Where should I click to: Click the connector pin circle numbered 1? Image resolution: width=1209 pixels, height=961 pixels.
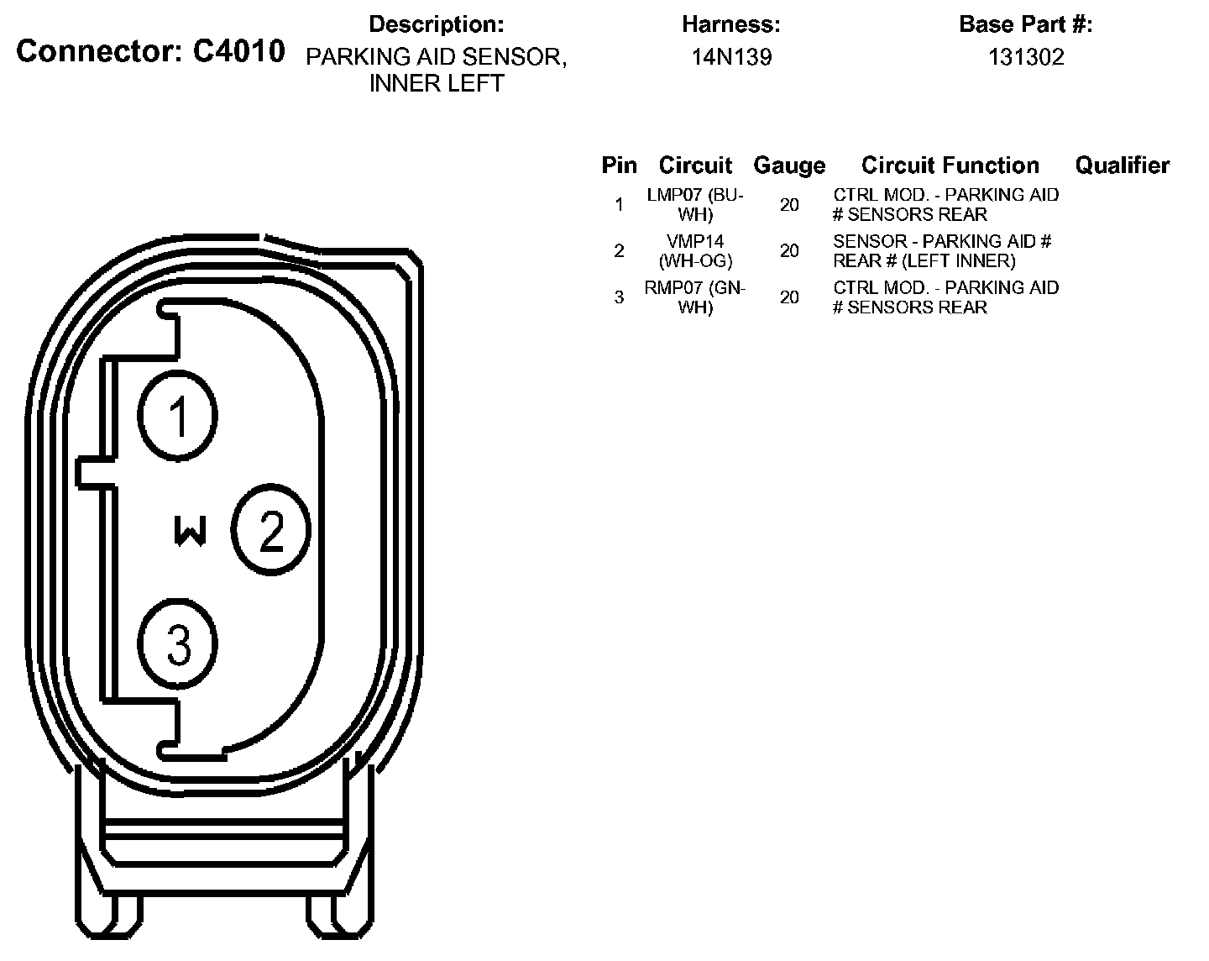click(178, 415)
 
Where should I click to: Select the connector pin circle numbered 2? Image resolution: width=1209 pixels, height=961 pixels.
click(271, 529)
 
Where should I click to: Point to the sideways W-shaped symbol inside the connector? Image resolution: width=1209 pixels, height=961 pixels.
click(190, 531)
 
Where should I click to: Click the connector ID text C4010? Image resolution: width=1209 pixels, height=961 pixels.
click(238, 52)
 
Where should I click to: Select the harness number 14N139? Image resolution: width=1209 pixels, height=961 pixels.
click(731, 57)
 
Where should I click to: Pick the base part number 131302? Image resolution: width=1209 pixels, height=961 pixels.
click(1025, 57)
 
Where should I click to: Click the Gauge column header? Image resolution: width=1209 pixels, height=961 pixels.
click(789, 165)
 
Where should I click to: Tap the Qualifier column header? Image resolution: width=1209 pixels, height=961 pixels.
click(1122, 165)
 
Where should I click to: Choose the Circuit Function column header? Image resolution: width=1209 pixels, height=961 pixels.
click(950, 165)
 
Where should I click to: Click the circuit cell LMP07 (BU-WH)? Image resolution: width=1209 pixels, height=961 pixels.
click(695, 204)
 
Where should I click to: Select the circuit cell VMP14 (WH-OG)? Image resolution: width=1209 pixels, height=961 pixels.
click(695, 250)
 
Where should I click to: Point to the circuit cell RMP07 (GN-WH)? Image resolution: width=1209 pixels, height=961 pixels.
click(695, 297)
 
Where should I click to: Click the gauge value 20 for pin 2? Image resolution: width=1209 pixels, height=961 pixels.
click(789, 250)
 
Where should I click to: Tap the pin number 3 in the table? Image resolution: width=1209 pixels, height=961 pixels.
click(619, 297)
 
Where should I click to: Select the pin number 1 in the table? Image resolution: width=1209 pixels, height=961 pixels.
click(619, 204)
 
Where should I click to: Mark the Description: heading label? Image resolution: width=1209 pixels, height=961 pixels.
click(437, 24)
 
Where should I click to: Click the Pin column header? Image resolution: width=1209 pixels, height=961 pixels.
click(619, 165)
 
